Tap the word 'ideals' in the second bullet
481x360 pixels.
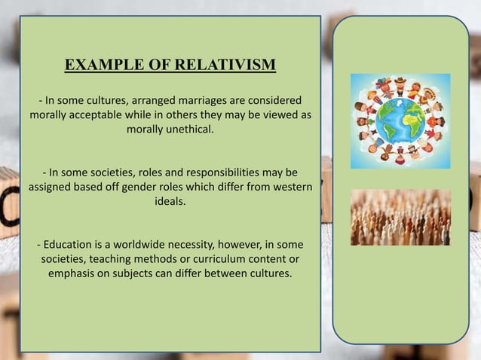click(x=170, y=201)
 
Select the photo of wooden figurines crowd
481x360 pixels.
click(x=400, y=217)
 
